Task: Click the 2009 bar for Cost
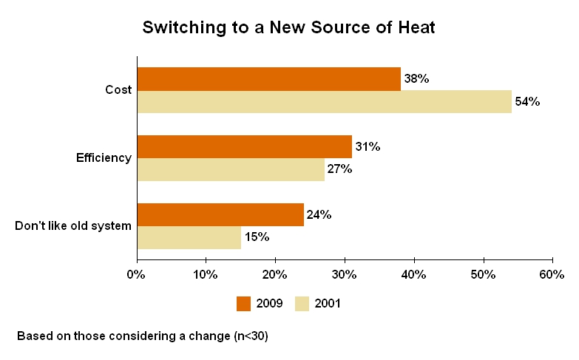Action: pos(269,79)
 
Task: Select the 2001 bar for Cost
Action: pos(325,102)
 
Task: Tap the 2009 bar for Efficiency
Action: pos(245,147)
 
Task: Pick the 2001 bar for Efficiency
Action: pos(231,170)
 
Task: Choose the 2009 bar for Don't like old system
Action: pos(220,215)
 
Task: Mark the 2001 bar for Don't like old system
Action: pos(189,238)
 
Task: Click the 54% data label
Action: pos(527,102)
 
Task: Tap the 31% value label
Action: pos(368,147)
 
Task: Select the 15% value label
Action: pos(257,238)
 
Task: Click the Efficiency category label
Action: pos(104,158)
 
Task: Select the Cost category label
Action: pos(118,90)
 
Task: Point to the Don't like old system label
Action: pos(73,226)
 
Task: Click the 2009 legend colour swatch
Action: pos(244,303)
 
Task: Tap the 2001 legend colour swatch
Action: pos(302,303)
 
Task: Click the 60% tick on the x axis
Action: pos(552,274)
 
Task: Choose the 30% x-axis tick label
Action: pos(344,274)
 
